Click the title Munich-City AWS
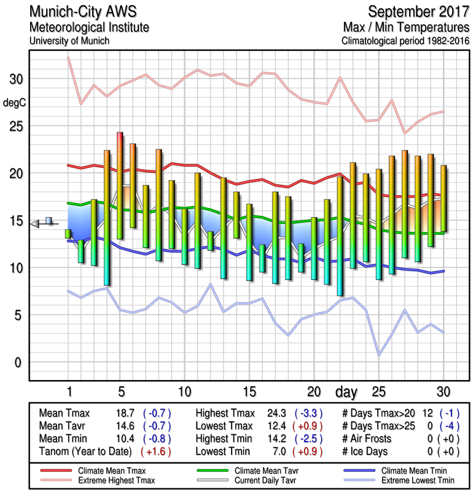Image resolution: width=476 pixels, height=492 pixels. (x=79, y=12)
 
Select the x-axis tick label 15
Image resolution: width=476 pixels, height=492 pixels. (x=249, y=392)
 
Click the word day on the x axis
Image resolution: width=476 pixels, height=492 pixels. (x=346, y=392)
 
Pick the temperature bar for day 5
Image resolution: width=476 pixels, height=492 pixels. (x=120, y=184)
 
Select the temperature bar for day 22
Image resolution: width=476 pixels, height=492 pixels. (x=340, y=236)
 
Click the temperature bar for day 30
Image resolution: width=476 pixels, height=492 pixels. (x=443, y=198)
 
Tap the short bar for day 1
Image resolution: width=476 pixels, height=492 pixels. (x=68, y=234)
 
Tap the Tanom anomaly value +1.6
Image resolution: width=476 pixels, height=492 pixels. (x=156, y=451)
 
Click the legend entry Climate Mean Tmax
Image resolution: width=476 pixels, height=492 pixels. (x=116, y=470)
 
